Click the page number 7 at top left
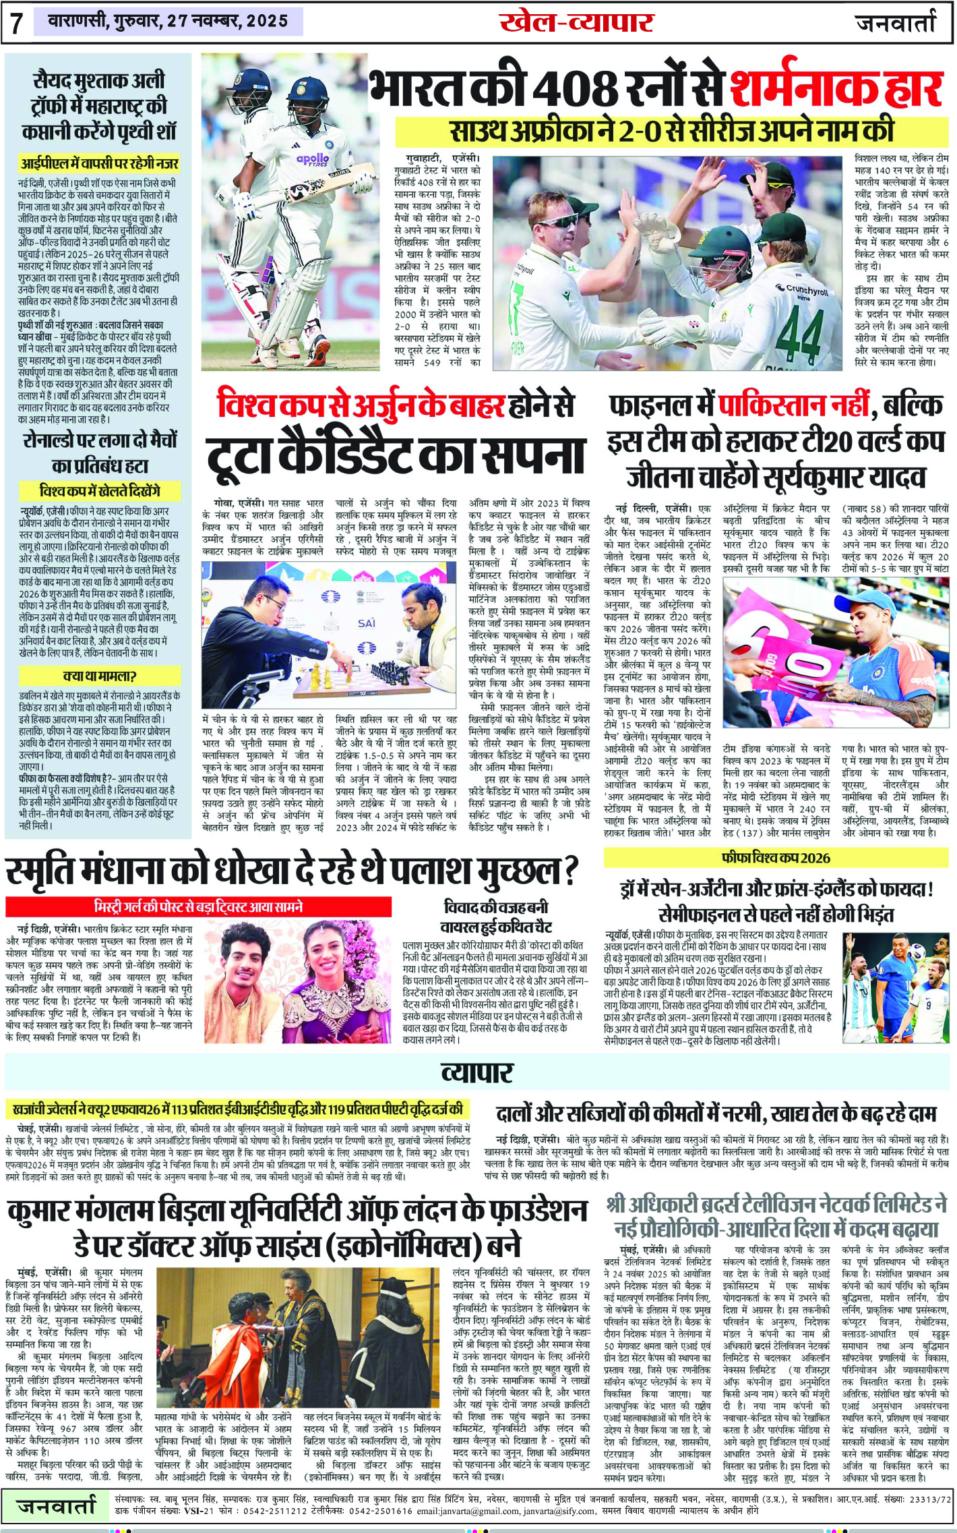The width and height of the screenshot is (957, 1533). click(16, 23)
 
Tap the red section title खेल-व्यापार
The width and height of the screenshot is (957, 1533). click(576, 22)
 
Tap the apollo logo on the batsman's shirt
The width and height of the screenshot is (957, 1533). click(313, 159)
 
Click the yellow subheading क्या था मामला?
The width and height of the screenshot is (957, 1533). click(100, 675)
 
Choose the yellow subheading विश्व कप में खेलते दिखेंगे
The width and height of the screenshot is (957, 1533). click(100, 490)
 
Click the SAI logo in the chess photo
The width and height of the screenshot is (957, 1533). click(367, 623)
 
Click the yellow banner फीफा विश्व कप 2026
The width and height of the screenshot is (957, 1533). click(776, 858)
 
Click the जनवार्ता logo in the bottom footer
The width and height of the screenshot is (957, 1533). click(57, 1505)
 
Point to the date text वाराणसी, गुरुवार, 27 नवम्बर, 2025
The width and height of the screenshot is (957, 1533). click(168, 22)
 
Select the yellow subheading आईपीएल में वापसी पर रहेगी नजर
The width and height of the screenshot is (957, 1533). click(100, 163)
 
